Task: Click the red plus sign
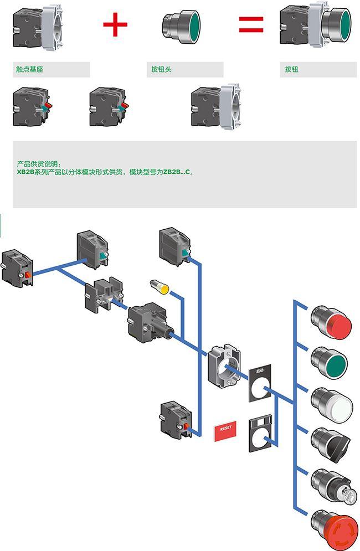click(x=115, y=24)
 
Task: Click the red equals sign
click(x=251, y=24)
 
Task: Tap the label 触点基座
click(x=29, y=69)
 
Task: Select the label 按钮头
click(x=161, y=69)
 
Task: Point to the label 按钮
click(x=291, y=69)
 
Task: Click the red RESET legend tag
click(x=225, y=430)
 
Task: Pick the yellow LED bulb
click(x=160, y=286)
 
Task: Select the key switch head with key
click(x=332, y=486)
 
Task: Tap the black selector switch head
click(x=331, y=444)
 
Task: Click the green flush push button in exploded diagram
click(x=329, y=363)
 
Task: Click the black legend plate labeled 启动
click(x=260, y=383)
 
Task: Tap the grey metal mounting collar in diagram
click(x=225, y=366)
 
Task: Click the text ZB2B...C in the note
click(x=177, y=172)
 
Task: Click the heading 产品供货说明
click(x=38, y=164)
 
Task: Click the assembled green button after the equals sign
click(x=315, y=24)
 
